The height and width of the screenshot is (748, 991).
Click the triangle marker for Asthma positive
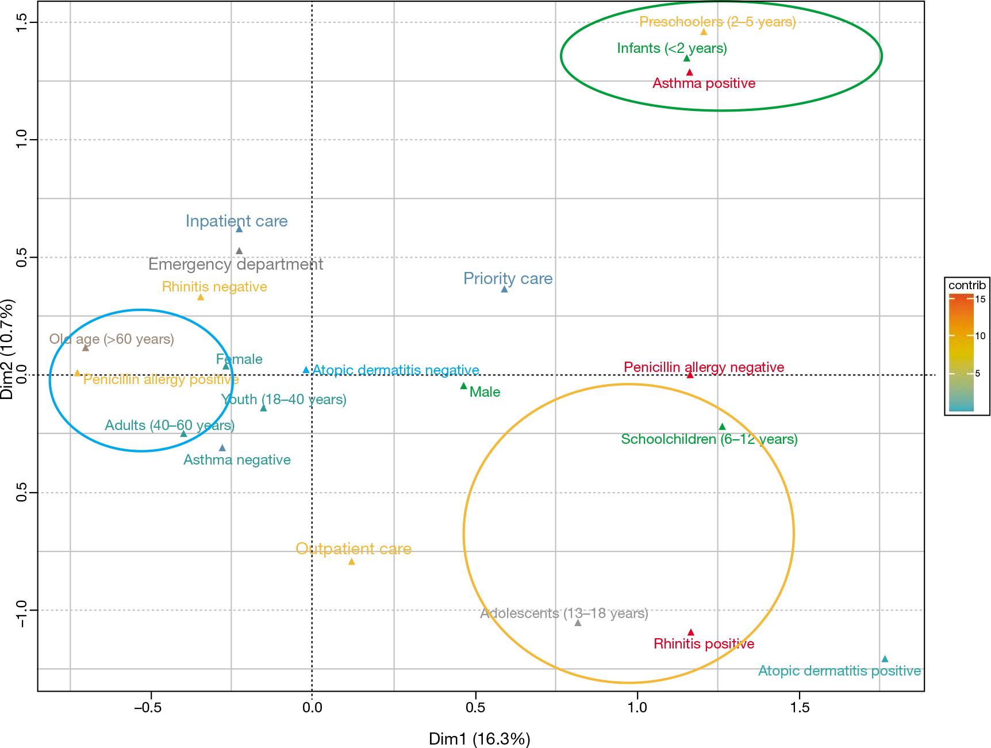coord(690,72)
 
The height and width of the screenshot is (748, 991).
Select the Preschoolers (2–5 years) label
coord(717,22)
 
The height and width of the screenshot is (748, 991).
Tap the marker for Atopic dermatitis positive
coord(885,659)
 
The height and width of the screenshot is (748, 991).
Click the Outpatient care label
coord(354,548)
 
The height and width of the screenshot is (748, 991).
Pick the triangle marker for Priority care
coord(504,289)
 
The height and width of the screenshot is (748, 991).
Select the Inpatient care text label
coord(236,221)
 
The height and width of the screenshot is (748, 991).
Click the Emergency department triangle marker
coord(239,251)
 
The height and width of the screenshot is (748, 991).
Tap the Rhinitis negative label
coord(214,286)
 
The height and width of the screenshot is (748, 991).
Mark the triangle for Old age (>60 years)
coord(86,348)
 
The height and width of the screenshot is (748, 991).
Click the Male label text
coord(485,392)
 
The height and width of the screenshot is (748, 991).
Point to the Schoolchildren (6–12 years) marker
coord(722,427)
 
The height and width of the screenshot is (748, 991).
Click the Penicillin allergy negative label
coord(704,367)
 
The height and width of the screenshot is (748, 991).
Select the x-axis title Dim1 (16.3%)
coord(479,738)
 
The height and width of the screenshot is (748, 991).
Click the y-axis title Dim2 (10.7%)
coord(10,348)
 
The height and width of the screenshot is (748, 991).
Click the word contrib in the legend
coord(967,285)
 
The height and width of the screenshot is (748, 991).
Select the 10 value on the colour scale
coord(980,336)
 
